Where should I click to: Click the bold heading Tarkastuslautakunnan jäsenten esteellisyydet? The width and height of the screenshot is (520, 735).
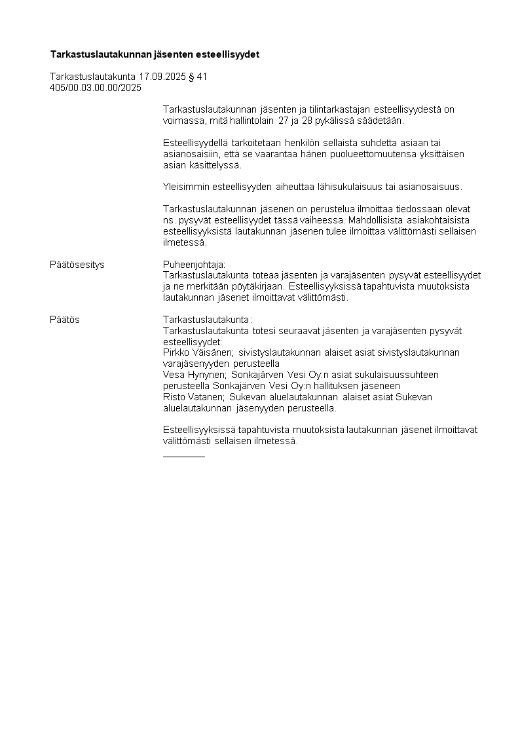click(155, 54)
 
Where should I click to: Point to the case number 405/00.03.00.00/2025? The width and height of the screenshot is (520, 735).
click(96, 88)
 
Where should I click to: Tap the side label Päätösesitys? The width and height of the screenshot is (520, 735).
click(77, 265)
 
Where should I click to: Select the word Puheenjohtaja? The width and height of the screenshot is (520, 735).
click(193, 265)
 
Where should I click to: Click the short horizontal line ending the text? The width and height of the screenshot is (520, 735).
click(183, 456)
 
